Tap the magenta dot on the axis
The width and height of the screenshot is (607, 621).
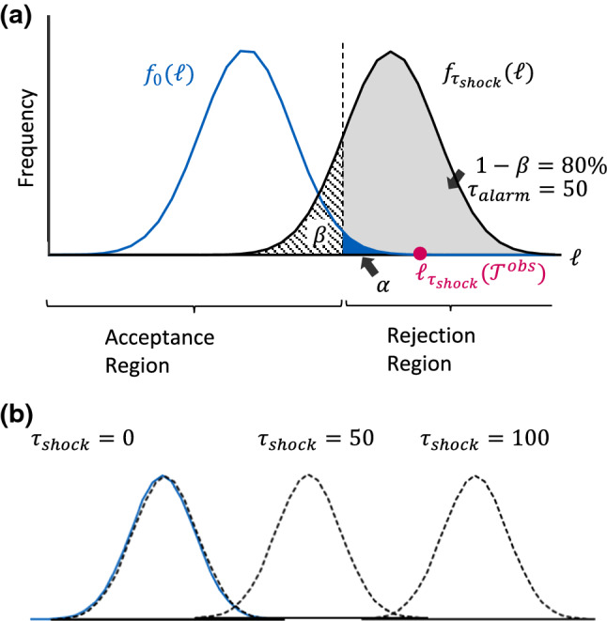click(x=420, y=253)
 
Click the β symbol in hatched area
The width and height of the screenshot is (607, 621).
click(x=319, y=236)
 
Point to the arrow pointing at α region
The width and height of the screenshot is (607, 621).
click(x=368, y=266)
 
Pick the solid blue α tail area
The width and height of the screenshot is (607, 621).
click(x=352, y=245)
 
